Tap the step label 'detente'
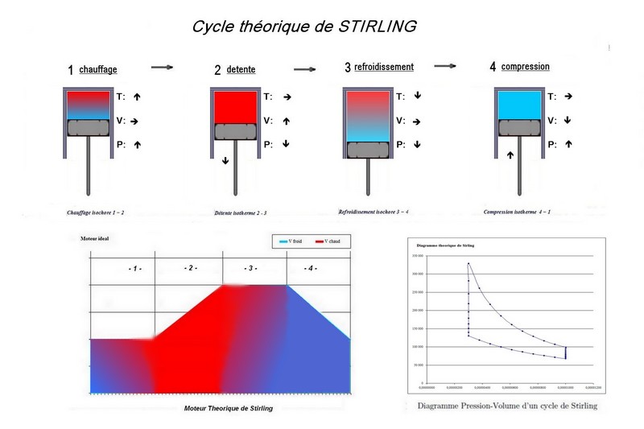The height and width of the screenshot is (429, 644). click(x=241, y=69)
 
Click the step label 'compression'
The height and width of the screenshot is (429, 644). click(x=525, y=67)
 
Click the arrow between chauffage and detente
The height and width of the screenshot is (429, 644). click(x=163, y=67)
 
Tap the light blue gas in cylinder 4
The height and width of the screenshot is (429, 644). click(x=519, y=105)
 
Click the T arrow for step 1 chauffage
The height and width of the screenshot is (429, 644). click(x=137, y=97)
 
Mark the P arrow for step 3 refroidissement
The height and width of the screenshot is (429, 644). click(x=418, y=145)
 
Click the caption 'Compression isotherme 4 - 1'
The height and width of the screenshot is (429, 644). click(x=518, y=212)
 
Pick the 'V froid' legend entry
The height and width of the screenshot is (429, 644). click(x=290, y=241)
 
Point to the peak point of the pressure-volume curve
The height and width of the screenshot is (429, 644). click(x=468, y=263)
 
